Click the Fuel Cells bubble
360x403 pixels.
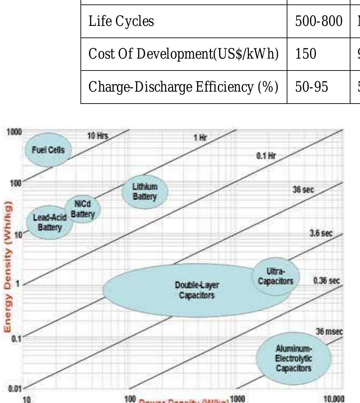[x=48, y=150]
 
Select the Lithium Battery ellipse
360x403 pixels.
[x=145, y=192]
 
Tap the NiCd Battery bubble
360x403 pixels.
[x=83, y=209]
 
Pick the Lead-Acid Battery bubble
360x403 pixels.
[x=49, y=222]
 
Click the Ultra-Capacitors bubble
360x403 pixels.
[x=276, y=276]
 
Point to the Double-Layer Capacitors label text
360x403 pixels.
[x=197, y=290]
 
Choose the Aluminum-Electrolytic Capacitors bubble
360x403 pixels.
[x=294, y=358]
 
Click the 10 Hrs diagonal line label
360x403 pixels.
[x=97, y=136]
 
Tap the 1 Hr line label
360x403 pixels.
[x=200, y=138]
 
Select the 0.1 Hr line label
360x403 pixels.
[x=266, y=156]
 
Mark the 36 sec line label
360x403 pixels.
[x=303, y=190]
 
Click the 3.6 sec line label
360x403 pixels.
[x=320, y=233]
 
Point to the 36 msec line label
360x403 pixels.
[x=329, y=331]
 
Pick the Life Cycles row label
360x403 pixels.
[x=121, y=21]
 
